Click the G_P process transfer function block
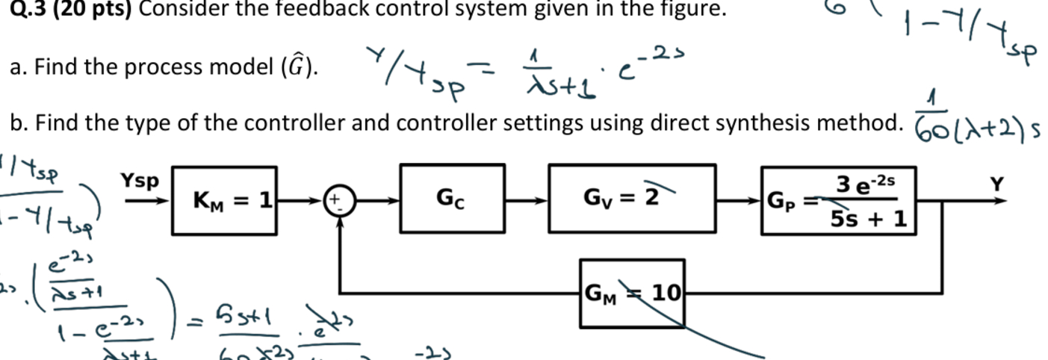pos(837,199)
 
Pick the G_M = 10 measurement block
pos(631,293)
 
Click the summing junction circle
pos(341,200)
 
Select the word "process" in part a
pos(155,68)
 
